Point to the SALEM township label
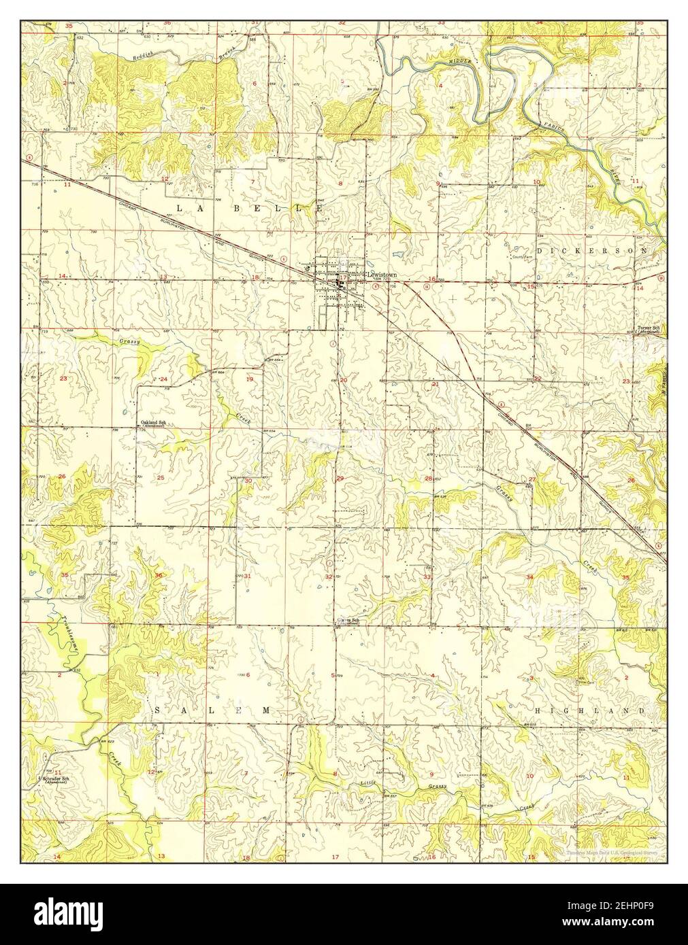pyautogui.click(x=212, y=710)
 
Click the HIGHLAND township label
pyautogui.click(x=590, y=710)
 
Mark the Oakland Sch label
pyautogui.click(x=153, y=424)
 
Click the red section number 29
pyautogui.click(x=340, y=479)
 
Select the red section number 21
pyautogui.click(x=435, y=385)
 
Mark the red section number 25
pyautogui.click(x=161, y=478)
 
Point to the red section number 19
pyautogui.click(x=249, y=379)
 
